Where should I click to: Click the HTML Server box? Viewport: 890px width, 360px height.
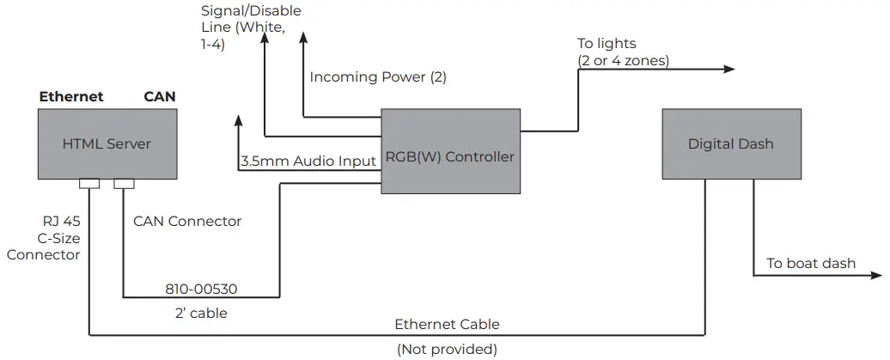point(107,143)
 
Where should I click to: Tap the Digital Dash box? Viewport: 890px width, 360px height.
point(730,143)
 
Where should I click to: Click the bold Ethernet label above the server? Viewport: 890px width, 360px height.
point(71,97)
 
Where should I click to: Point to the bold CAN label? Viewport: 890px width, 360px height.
point(160,97)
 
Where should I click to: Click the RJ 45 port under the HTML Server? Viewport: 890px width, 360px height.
point(89,183)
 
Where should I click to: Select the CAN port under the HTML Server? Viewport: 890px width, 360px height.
point(125,183)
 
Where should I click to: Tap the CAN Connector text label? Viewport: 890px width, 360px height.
point(187,222)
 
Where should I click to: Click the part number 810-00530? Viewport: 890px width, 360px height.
point(200,289)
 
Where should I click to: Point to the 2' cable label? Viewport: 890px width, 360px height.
point(200,314)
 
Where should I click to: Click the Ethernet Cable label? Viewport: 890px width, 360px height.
point(447,325)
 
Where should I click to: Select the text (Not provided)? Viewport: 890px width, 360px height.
point(447,350)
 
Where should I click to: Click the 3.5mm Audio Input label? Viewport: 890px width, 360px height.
point(308,161)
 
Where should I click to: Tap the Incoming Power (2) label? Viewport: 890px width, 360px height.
point(378,77)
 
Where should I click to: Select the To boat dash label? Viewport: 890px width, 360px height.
point(810,263)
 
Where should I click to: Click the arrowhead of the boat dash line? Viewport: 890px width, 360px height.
point(877,276)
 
